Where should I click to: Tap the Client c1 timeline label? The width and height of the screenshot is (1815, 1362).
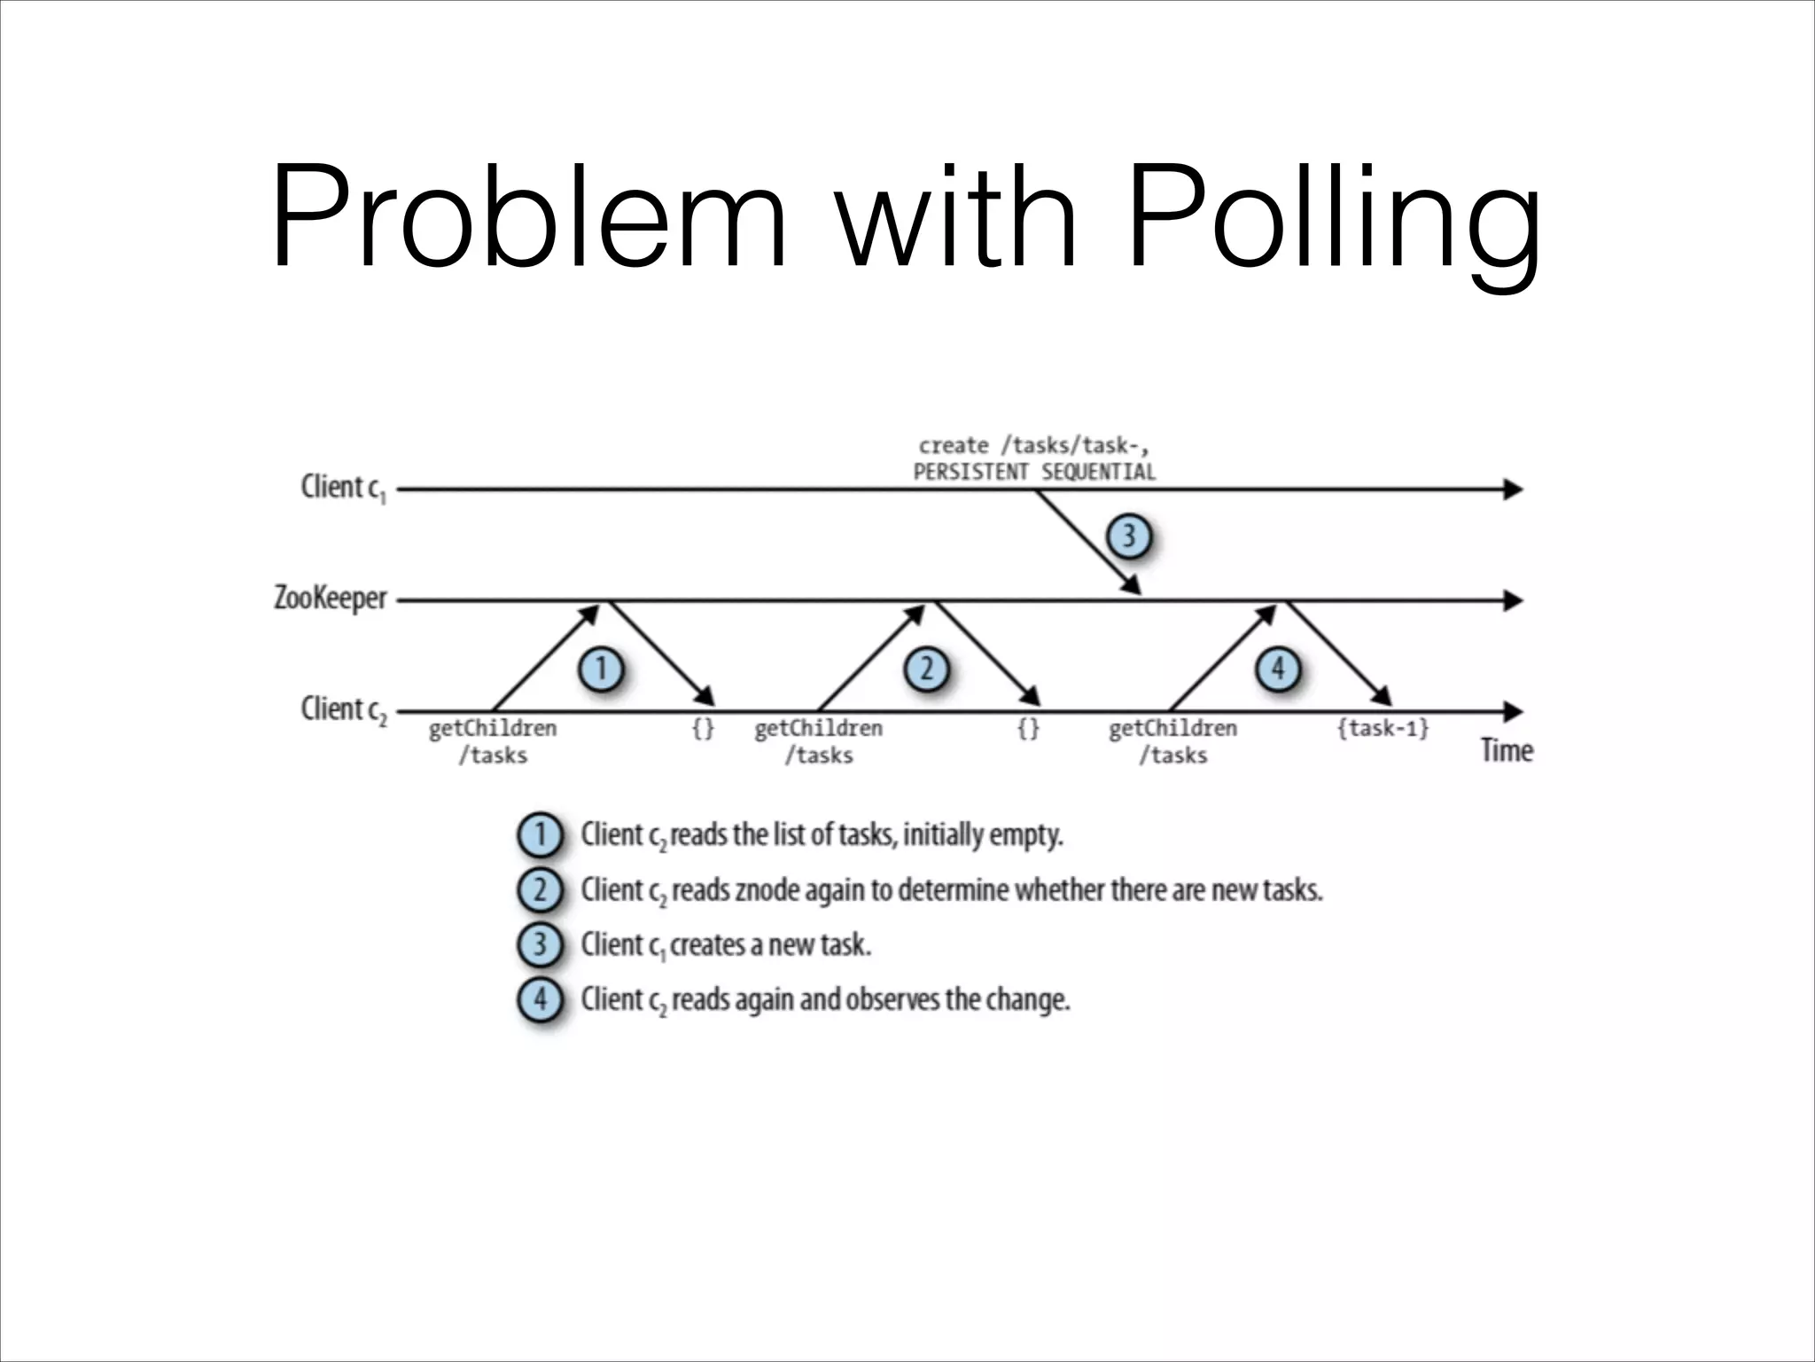click(x=343, y=489)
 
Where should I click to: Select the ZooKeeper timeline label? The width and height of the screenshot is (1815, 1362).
click(x=330, y=599)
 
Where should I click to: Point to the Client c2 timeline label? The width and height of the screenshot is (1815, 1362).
click(x=343, y=709)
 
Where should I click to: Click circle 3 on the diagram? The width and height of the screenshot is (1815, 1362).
click(x=1128, y=536)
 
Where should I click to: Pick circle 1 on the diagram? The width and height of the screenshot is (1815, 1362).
click(x=601, y=669)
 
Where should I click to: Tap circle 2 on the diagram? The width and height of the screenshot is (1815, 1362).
click(x=926, y=669)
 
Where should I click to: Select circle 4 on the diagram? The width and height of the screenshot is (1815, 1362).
click(x=1277, y=669)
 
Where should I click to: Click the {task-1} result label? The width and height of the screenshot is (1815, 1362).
click(x=1383, y=729)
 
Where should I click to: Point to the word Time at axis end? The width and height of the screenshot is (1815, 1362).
click(x=1506, y=751)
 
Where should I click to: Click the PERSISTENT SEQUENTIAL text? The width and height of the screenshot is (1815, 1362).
click(x=1034, y=472)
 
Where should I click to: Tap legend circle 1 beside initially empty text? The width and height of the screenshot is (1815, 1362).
click(x=540, y=835)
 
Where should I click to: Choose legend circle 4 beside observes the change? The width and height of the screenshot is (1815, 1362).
click(x=540, y=1000)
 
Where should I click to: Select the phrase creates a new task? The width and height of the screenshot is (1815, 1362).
click(x=770, y=945)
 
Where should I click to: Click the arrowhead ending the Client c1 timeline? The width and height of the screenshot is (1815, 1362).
click(x=1513, y=489)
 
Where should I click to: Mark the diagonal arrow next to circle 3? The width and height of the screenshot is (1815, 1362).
click(x=1087, y=542)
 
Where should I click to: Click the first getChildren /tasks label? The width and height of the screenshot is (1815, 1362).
click(x=493, y=741)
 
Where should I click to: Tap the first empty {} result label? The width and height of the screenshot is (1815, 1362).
click(x=703, y=729)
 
